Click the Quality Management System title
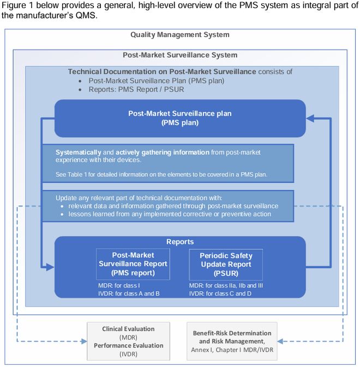coord(179,35)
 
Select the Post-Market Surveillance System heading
coord(179,55)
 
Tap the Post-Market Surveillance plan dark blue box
coord(179,118)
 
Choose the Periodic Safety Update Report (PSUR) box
coord(225,264)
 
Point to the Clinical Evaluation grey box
coord(128,341)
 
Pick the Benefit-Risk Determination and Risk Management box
coord(232,341)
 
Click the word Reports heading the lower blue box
coord(179,242)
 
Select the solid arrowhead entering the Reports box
coord(50,267)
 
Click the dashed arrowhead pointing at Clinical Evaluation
coord(83,341)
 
